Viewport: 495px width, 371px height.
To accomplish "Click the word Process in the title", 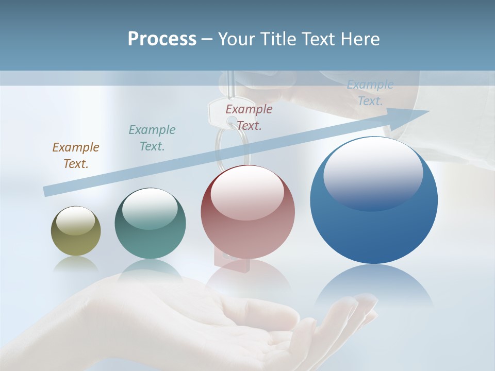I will point(162,39).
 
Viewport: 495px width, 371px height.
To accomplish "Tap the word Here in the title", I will point(359,39).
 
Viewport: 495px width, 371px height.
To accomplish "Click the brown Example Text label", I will point(76,156).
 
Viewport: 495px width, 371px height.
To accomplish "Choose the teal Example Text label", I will point(152,138).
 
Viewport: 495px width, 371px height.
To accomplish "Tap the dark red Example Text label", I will point(249,117).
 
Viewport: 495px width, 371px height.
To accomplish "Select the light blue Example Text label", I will point(370,93).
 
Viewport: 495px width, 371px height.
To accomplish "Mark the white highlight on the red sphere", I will point(247,191).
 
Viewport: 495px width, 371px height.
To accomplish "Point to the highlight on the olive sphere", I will point(76,221).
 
